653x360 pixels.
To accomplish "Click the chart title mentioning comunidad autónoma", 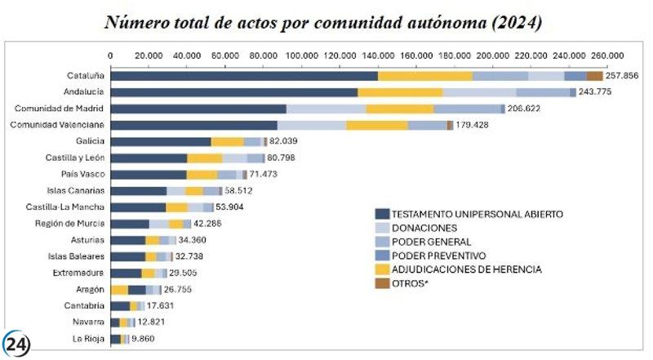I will click(324, 22).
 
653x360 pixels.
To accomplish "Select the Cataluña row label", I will click(85, 76).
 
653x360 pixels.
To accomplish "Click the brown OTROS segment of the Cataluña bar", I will click(594, 76).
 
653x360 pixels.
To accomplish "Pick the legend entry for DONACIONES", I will click(423, 228).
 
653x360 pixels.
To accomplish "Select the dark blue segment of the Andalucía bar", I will click(233, 92).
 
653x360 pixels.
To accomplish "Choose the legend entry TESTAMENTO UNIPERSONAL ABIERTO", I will click(477, 214).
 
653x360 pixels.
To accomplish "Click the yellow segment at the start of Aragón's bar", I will click(120, 290).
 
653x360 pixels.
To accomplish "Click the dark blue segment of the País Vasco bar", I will click(149, 175).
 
